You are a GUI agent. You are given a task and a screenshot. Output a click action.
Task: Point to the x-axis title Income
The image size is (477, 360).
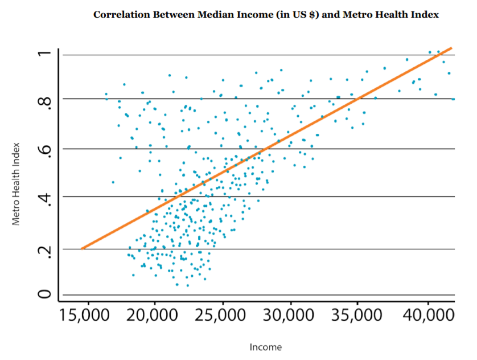point(265,347)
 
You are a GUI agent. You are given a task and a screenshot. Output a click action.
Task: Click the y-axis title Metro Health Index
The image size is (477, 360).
point(17,183)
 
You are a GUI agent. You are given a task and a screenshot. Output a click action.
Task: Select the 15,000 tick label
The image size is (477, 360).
point(87,317)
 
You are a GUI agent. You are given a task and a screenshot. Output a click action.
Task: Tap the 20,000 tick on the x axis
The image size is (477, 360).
point(154,317)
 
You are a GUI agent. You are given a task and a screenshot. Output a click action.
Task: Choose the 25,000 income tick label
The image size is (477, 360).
point(223,317)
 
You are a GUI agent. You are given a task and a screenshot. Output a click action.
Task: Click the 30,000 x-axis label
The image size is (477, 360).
point(291,317)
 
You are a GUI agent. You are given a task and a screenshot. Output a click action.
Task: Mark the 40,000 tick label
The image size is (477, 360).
point(427,317)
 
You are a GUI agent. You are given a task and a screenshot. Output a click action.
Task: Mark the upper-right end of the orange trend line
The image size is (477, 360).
point(451,48)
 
